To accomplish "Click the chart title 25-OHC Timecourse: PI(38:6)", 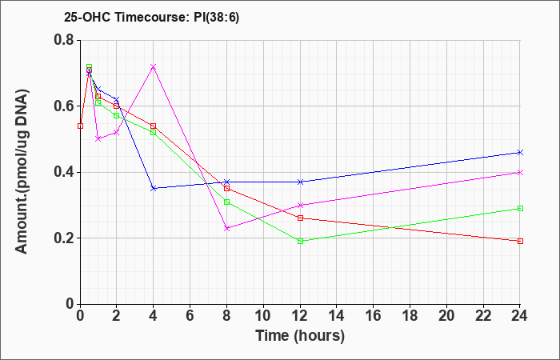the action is pyautogui.click(x=151, y=17).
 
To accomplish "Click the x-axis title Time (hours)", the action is pyautogui.click(x=300, y=336).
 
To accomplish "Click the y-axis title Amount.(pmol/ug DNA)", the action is pyautogui.click(x=22, y=172).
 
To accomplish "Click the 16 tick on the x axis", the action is pyautogui.click(x=374, y=316).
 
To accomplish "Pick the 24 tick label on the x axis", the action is pyautogui.click(x=520, y=316).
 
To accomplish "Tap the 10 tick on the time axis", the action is pyautogui.click(x=263, y=316).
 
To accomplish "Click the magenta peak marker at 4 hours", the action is pyautogui.click(x=154, y=66).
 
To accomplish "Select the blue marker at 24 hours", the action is pyautogui.click(x=520, y=153).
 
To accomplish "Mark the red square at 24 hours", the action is pyautogui.click(x=520, y=241).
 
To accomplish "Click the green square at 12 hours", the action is pyautogui.click(x=300, y=241).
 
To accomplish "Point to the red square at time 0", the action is pyautogui.click(x=80, y=126).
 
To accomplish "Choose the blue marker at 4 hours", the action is pyautogui.click(x=154, y=188).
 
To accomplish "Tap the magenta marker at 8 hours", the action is pyautogui.click(x=226, y=228).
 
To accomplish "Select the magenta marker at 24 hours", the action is pyautogui.click(x=520, y=173).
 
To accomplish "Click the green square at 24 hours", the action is pyautogui.click(x=520, y=208).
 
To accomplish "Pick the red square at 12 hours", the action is pyautogui.click(x=300, y=218).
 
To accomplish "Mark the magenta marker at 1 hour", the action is pyautogui.click(x=98, y=139).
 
